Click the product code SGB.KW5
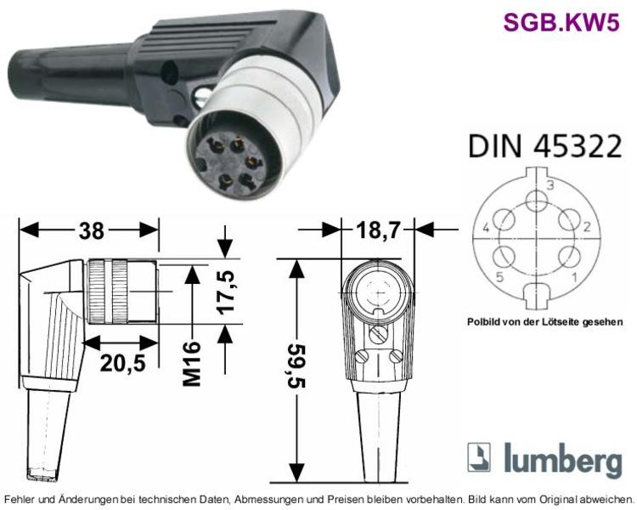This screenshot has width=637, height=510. click(x=561, y=22)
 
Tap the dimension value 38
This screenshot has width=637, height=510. click(x=92, y=230)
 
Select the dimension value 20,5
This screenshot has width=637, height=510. click(x=122, y=362)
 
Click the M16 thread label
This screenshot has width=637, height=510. click(x=192, y=364)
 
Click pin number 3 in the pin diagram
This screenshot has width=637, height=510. click(x=550, y=185)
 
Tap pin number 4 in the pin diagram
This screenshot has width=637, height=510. click(x=486, y=228)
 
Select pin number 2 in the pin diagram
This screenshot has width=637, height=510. click(x=587, y=227)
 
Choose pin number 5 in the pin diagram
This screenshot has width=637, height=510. click(x=499, y=277)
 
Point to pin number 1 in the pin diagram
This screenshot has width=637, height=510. click(x=574, y=277)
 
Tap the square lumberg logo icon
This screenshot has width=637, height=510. click(x=479, y=457)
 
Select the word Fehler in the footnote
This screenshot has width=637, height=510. click(x=19, y=499)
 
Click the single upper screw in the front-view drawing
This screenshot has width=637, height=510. click(x=377, y=335)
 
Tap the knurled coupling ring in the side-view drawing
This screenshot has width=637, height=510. click(x=107, y=292)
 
